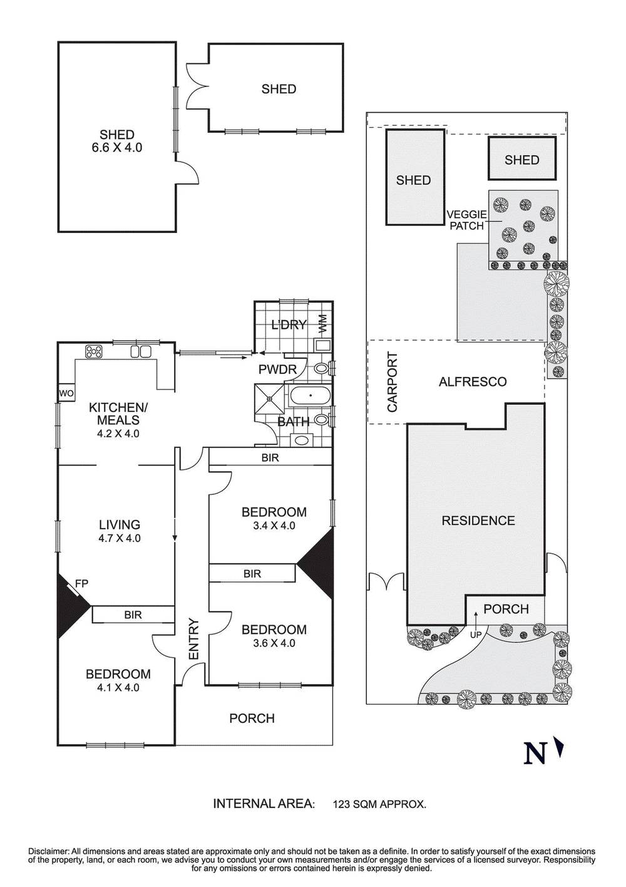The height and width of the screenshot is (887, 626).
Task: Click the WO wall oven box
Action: tap(66, 393)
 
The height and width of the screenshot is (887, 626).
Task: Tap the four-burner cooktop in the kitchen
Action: tap(94, 351)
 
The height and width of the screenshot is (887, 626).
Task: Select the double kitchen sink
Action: tap(141, 351)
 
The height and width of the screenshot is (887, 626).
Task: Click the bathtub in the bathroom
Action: tap(310, 395)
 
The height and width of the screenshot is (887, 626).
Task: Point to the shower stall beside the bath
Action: tap(269, 398)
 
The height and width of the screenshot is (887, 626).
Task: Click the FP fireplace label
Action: tap(81, 583)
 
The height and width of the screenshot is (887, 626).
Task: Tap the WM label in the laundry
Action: tap(323, 323)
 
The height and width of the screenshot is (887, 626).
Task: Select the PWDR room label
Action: tap(277, 370)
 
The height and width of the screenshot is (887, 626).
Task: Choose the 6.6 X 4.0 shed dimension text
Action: tap(116, 148)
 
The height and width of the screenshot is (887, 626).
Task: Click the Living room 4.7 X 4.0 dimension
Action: tap(120, 538)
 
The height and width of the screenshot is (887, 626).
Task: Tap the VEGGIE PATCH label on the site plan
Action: tap(466, 220)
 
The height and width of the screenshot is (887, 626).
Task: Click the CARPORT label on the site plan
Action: tap(392, 381)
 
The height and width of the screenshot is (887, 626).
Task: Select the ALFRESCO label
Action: tap(473, 381)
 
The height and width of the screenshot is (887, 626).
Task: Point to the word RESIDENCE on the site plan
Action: tap(478, 521)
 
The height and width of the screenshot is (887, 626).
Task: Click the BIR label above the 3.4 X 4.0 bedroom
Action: tap(270, 458)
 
